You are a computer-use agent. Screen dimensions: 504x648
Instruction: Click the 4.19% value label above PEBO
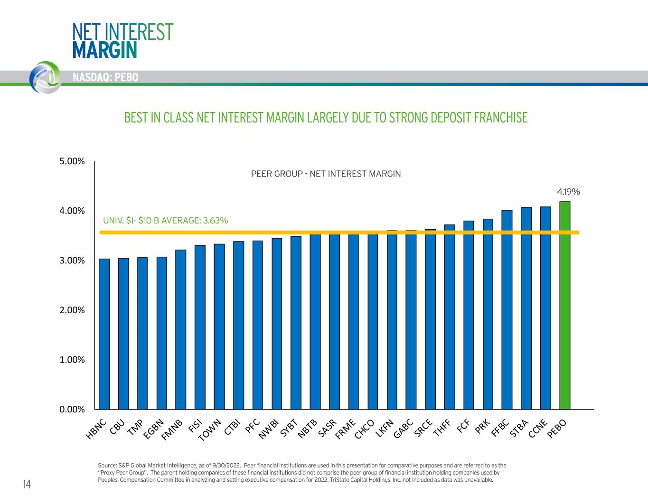tap(568, 192)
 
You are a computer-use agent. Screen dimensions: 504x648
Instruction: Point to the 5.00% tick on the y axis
tap(72, 161)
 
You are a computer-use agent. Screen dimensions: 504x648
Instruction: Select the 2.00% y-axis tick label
tap(72, 310)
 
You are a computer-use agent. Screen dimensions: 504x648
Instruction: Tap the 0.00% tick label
tap(72, 410)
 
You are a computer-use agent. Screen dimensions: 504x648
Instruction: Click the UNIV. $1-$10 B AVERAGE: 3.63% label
tap(166, 221)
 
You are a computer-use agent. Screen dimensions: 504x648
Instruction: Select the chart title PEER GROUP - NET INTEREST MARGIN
tap(326, 174)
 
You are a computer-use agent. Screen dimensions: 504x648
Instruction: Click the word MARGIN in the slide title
tap(104, 50)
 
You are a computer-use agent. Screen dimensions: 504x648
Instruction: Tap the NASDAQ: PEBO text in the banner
tap(105, 77)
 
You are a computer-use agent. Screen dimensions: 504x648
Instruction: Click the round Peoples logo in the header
tap(45, 76)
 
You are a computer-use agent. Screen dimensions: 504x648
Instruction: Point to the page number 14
tap(27, 484)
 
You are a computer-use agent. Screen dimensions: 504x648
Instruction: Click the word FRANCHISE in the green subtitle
tap(498, 117)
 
